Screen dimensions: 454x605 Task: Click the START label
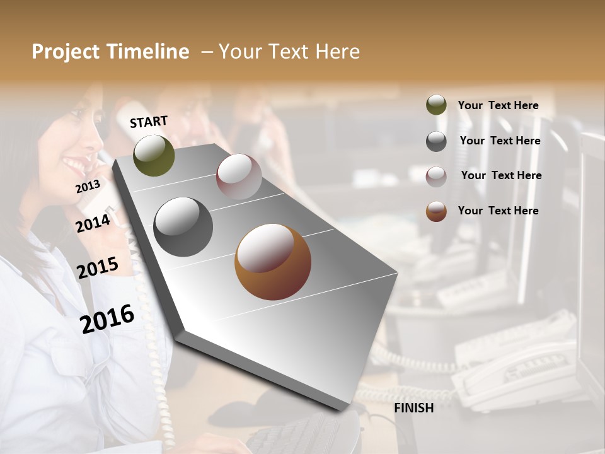(149, 122)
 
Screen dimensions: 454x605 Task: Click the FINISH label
(413, 408)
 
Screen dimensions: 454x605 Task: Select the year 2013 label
(88, 187)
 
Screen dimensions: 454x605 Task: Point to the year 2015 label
(98, 268)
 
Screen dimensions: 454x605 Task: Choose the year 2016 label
(107, 318)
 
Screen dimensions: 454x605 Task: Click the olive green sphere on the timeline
(154, 155)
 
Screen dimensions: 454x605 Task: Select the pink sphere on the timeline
(239, 177)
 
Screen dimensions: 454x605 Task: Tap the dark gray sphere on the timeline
(183, 227)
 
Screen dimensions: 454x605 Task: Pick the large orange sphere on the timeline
(272, 262)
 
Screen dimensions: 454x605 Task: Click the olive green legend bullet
(436, 105)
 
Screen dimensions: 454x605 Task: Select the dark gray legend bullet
(436, 141)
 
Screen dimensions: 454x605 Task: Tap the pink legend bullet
(436, 176)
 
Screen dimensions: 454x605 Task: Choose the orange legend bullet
(436, 211)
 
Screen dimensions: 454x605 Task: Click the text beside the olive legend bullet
(498, 105)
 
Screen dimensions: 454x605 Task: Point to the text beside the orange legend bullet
(498, 211)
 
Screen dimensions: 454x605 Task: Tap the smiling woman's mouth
(74, 166)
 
